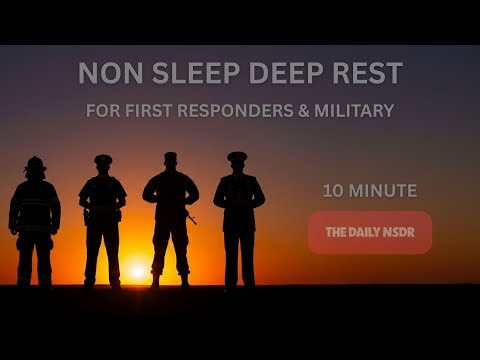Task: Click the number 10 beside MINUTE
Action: (332, 190)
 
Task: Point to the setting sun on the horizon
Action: (138, 271)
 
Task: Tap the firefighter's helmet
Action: (35, 163)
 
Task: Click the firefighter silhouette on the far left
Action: (35, 225)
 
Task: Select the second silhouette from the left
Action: (102, 220)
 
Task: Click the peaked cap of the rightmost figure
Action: (237, 156)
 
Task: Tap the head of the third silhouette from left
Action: (170, 161)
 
